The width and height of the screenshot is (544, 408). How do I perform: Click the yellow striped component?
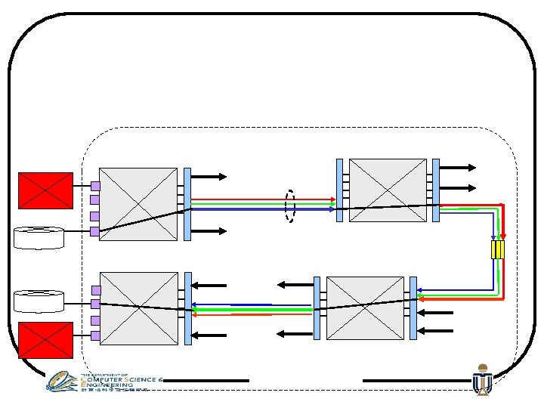497,249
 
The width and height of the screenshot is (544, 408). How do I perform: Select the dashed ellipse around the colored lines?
289,205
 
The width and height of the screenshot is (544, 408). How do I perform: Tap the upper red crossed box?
45,190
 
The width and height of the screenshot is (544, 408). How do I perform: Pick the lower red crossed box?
45,339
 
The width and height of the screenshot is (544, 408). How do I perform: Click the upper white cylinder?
39,237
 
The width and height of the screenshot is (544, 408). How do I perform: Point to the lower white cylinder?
39,301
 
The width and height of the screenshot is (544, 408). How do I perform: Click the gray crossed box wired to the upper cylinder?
138,204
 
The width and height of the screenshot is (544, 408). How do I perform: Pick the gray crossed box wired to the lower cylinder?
138,308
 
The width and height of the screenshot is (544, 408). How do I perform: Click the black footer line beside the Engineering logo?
206,380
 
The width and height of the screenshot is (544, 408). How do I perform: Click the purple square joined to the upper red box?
95,185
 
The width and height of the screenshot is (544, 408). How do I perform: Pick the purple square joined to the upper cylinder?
95,231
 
